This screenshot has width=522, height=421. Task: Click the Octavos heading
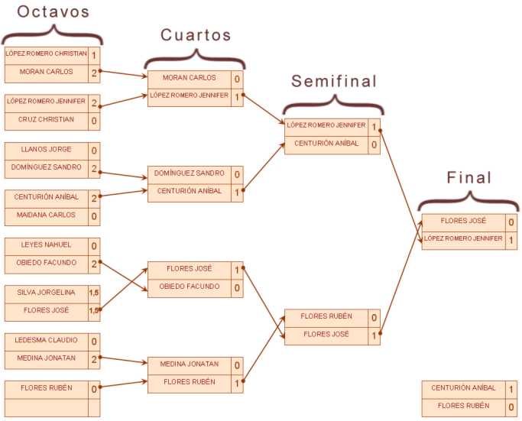53,11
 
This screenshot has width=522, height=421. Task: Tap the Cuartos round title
196,35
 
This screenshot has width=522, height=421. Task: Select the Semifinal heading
334,81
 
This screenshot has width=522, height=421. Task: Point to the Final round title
469,177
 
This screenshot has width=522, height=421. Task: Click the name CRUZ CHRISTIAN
47,119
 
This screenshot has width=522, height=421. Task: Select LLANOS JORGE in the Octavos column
47,149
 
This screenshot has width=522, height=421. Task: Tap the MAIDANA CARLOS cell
47,215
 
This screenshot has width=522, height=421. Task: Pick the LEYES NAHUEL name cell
47,245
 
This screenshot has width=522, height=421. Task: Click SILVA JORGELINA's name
47,292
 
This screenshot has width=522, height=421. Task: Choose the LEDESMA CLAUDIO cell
47,340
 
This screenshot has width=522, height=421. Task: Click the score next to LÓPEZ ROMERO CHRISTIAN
94,55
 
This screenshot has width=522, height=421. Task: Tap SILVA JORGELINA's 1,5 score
94,293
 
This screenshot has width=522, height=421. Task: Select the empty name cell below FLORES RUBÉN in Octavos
47,408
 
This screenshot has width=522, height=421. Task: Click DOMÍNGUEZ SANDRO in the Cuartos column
190,173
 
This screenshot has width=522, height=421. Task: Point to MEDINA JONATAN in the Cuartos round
190,364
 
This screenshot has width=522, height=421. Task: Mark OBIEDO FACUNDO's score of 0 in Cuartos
237,287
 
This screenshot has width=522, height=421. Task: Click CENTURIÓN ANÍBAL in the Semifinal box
326,143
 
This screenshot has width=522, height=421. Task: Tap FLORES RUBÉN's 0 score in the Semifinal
374,318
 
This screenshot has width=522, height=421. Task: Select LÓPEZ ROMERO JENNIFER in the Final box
463,238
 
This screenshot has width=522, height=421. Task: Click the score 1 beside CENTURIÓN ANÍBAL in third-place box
511,389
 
